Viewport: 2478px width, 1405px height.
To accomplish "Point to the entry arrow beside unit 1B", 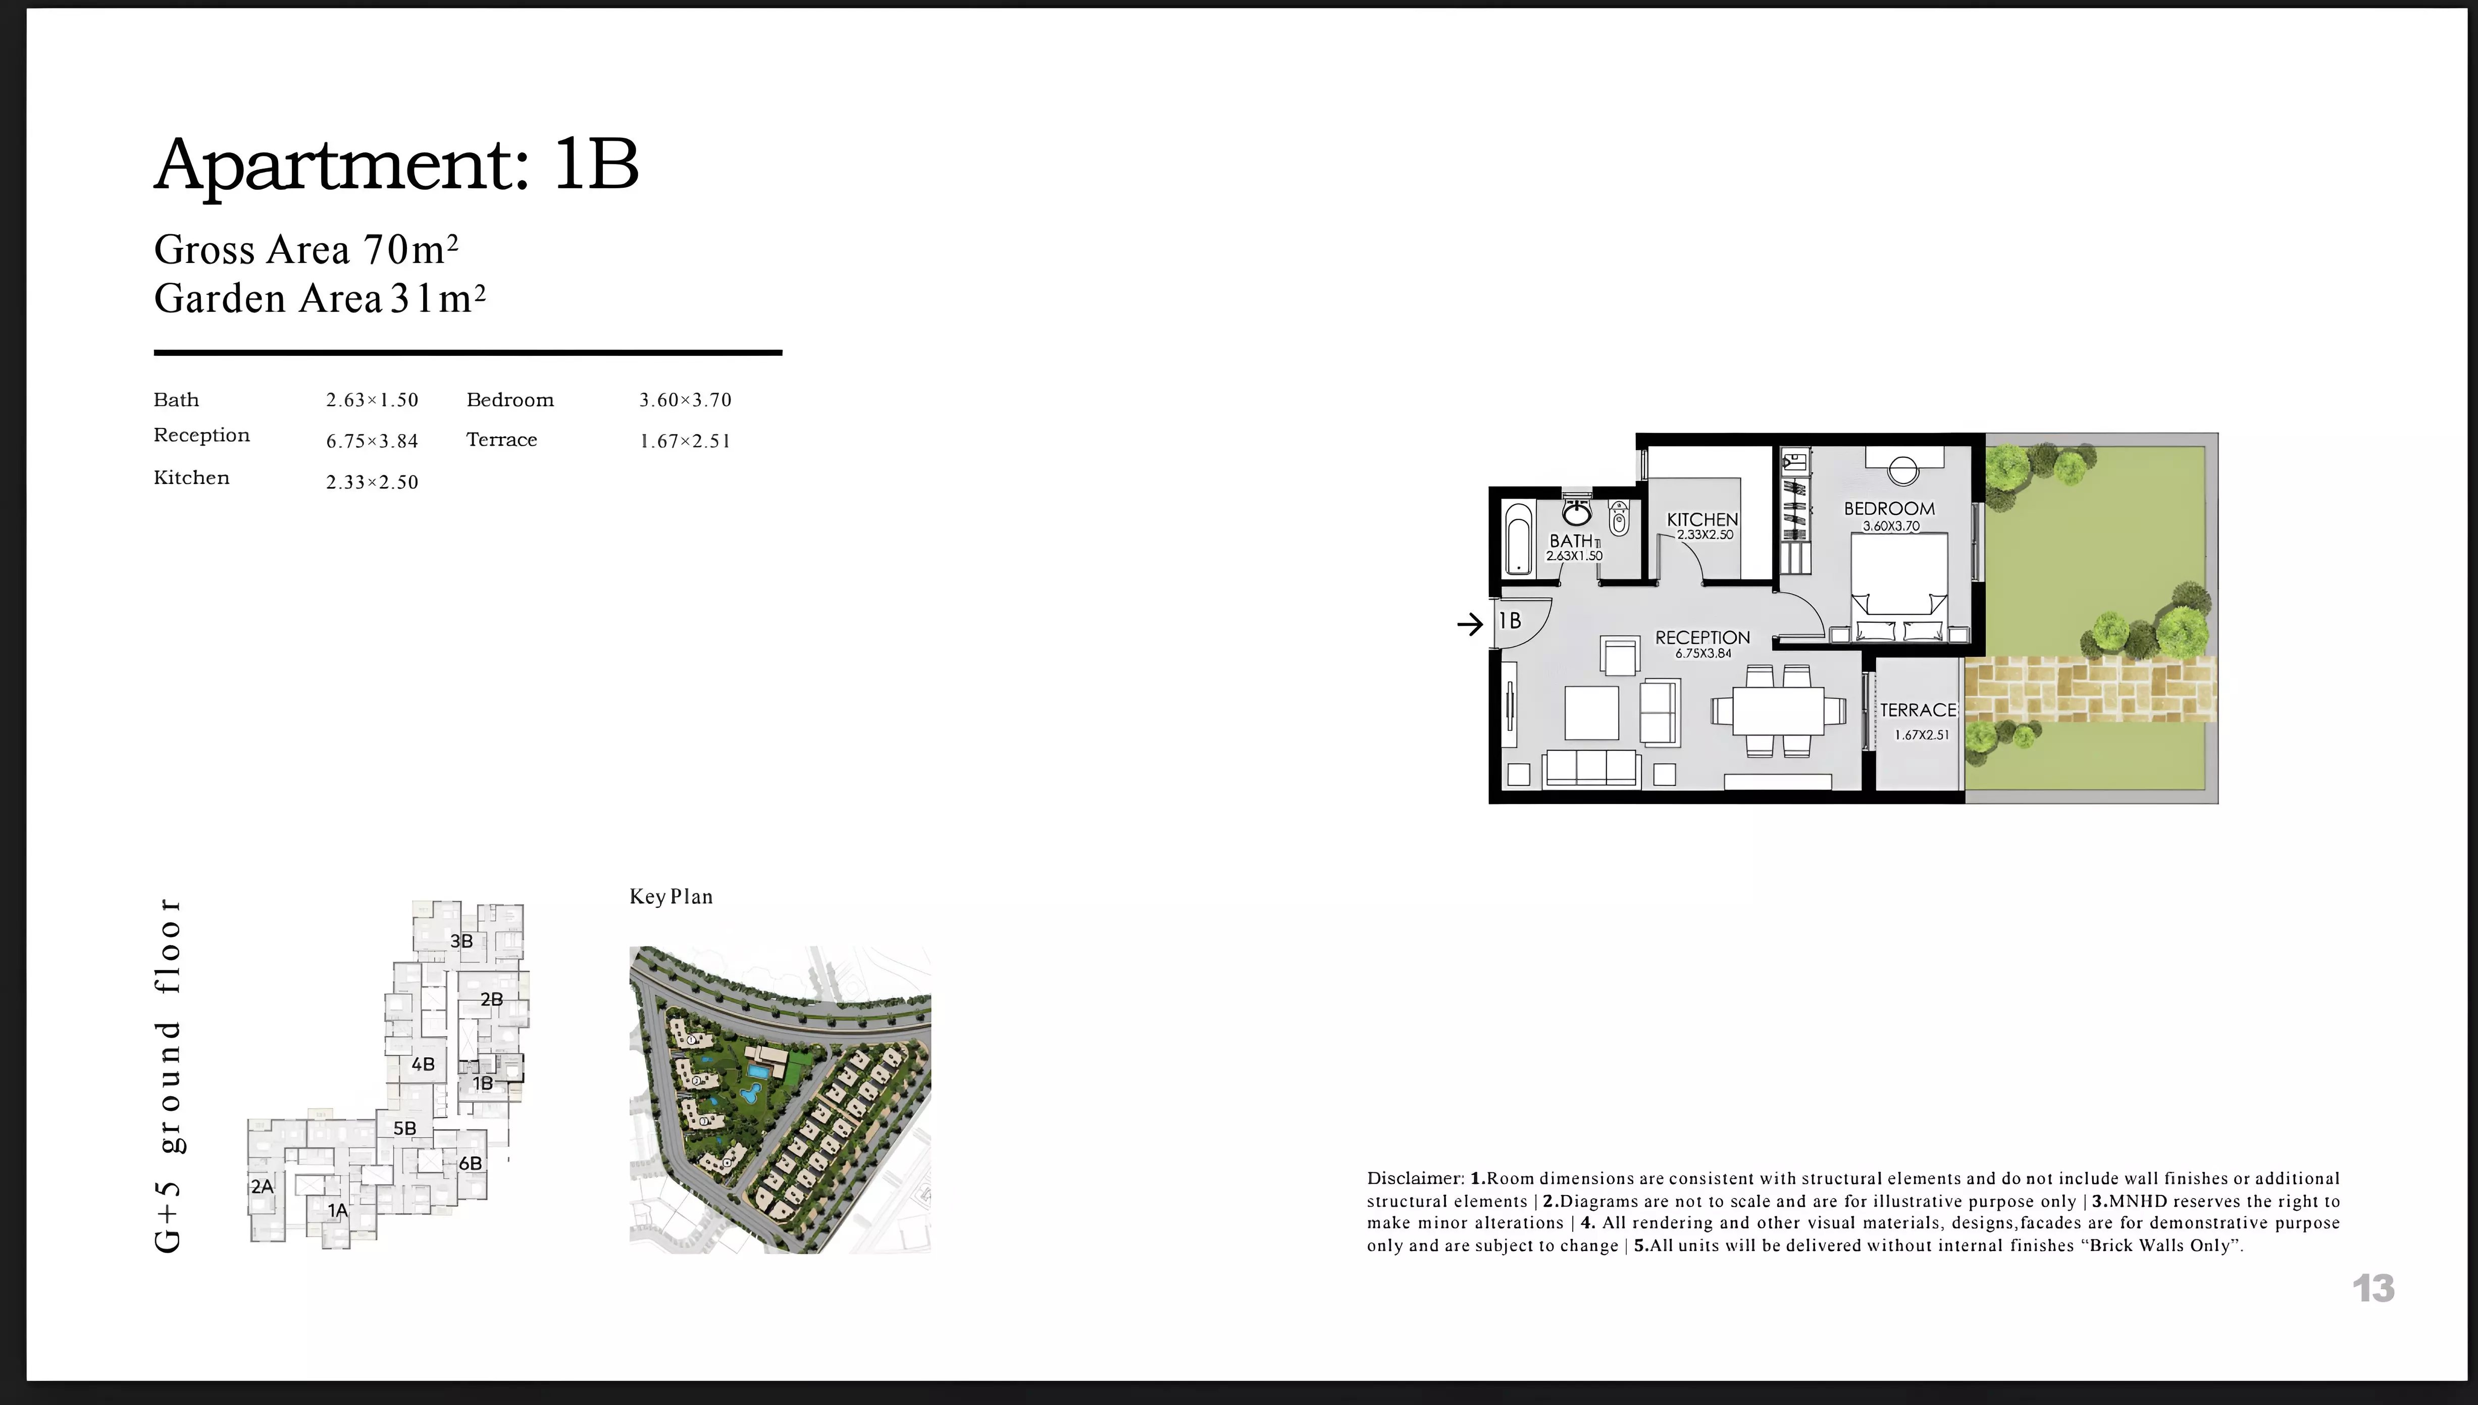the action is coord(1469,624).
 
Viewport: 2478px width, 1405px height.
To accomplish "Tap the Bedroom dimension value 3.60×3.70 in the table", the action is coord(685,400).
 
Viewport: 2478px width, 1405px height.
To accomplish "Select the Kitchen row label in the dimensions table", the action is coord(191,477).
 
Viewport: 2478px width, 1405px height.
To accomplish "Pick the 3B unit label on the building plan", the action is coord(461,941).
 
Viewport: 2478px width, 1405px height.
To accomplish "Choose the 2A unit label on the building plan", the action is coord(262,1186).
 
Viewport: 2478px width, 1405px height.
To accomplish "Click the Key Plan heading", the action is coord(671,896).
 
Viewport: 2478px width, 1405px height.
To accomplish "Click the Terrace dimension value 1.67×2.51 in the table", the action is coord(685,441).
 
